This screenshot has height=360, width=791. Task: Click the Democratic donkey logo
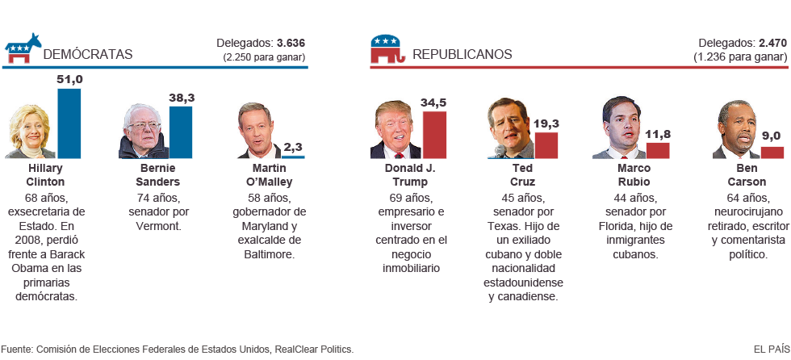point(23,49)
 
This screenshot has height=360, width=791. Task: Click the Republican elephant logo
point(385,49)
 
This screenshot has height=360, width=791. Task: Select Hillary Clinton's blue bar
point(69,123)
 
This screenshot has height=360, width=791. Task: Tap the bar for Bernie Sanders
point(181,132)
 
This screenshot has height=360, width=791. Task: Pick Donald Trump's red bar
point(434,134)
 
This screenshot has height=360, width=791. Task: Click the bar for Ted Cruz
point(546,144)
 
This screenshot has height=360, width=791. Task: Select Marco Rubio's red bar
point(658,150)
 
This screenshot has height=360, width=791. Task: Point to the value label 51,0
point(69,80)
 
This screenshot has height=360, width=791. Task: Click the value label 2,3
point(293,147)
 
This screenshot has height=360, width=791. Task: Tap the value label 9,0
point(772,136)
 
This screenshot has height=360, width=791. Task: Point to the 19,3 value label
point(546,123)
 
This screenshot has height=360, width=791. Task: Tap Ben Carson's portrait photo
point(736,131)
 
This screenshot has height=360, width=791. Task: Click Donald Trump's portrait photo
point(395,131)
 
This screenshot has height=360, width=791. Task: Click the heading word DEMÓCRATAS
point(87,55)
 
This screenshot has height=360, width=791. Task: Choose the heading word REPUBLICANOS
point(462,55)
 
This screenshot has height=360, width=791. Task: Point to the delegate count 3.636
point(291,43)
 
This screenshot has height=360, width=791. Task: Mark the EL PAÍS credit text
point(771,349)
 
